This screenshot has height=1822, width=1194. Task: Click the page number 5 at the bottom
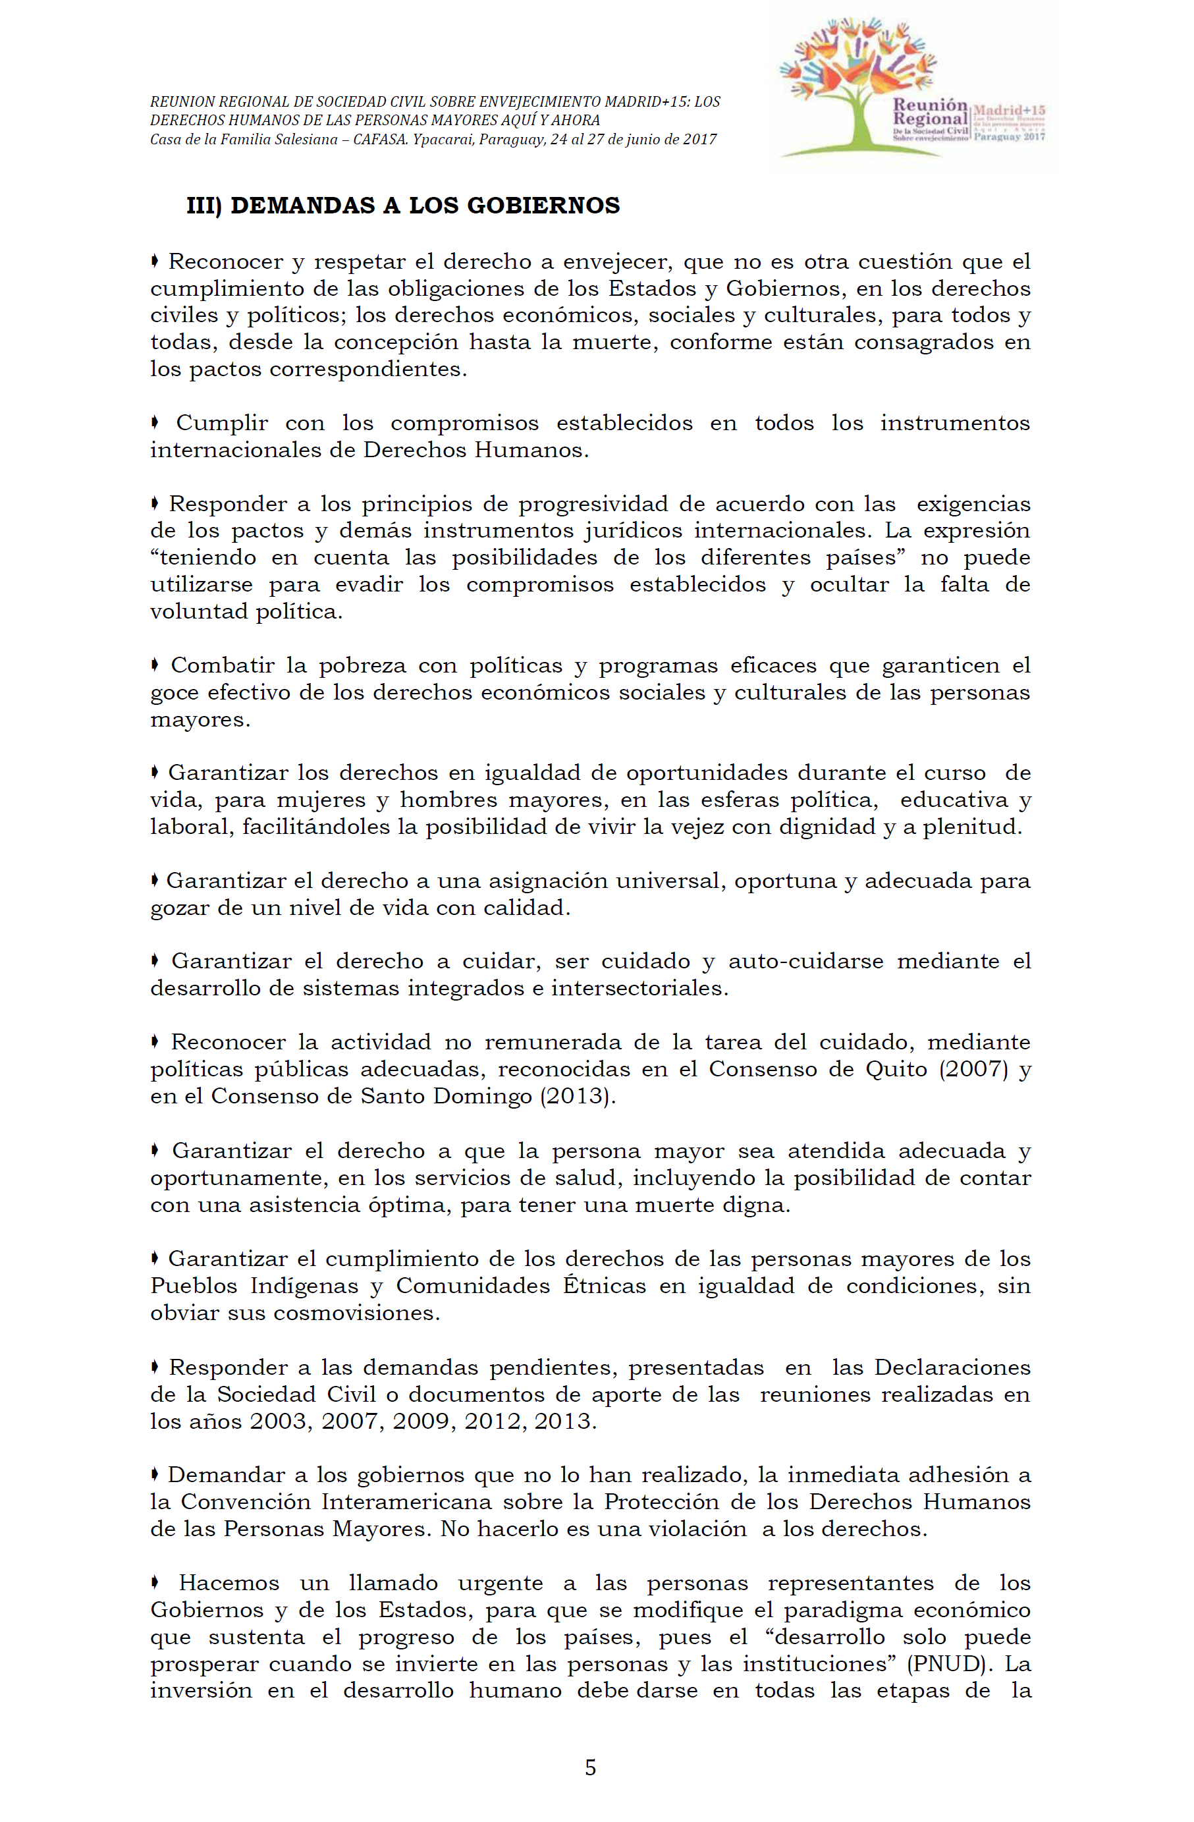pyautogui.click(x=590, y=1767)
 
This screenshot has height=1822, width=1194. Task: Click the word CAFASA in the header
pyautogui.click(x=379, y=140)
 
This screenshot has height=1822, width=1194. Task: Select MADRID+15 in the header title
pyautogui.click(x=646, y=102)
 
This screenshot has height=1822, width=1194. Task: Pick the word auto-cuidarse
pyautogui.click(x=806, y=961)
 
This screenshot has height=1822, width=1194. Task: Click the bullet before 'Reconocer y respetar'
pyautogui.click(x=155, y=262)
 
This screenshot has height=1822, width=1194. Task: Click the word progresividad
pyautogui.click(x=593, y=504)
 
